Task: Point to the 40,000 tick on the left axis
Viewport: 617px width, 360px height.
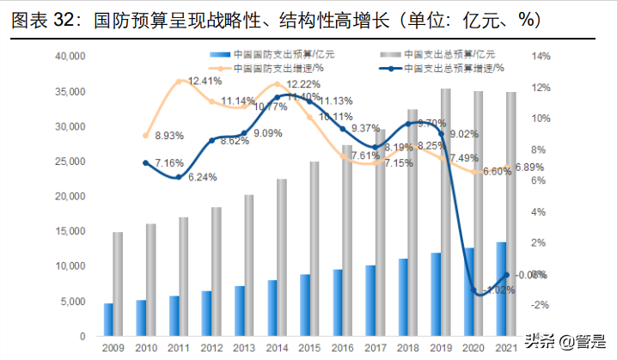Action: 68,57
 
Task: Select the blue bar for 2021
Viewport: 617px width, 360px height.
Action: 501,289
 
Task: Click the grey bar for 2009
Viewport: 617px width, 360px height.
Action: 118,284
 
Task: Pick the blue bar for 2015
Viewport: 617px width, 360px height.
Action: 305,305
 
